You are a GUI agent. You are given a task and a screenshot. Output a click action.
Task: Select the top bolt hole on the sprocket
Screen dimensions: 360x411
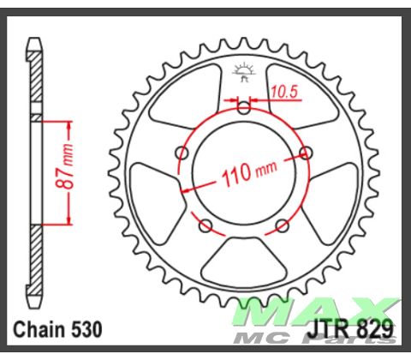(x=245, y=108)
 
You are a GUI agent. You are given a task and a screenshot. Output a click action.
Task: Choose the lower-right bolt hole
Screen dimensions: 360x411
(x=283, y=226)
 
